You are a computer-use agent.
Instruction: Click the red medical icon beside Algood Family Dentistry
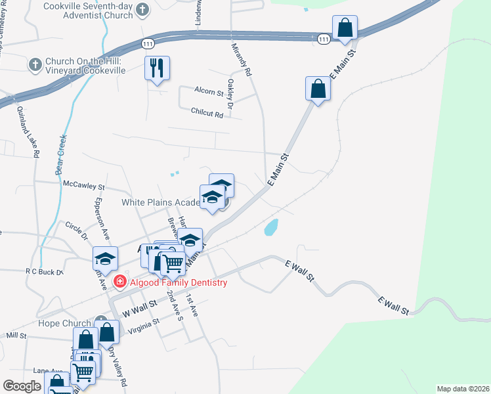pos(120,283)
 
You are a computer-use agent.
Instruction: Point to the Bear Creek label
pos(63,154)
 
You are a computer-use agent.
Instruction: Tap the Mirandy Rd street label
pos(242,58)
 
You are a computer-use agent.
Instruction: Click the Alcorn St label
pos(209,91)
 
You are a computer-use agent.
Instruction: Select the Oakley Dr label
pos(230,94)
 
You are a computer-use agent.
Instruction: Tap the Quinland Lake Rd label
pos(28,131)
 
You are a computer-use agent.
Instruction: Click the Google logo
pos(22,386)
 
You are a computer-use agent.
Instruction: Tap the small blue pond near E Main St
pos(270,228)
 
